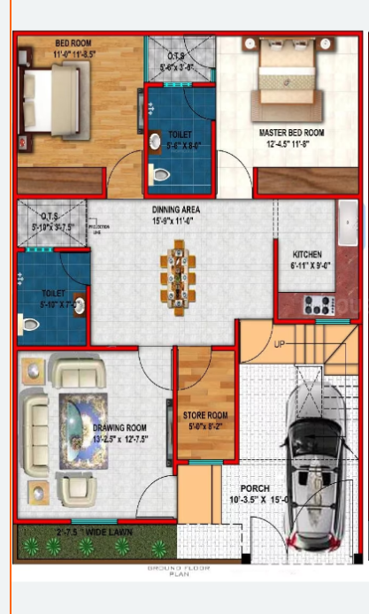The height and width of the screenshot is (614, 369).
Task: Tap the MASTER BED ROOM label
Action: [x=291, y=133]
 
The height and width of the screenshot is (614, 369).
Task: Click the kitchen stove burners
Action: [x=318, y=305]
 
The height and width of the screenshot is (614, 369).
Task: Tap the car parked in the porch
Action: [x=311, y=467]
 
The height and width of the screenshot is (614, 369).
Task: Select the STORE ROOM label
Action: [x=205, y=414]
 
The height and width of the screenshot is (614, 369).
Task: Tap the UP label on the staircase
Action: [x=281, y=344]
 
